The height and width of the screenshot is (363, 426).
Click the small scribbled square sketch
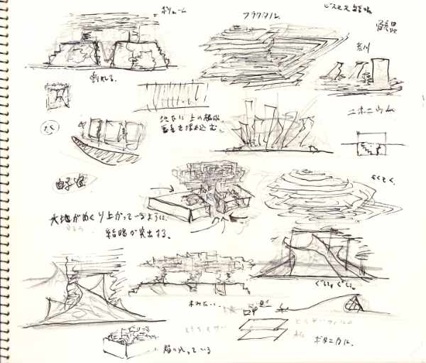57,96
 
